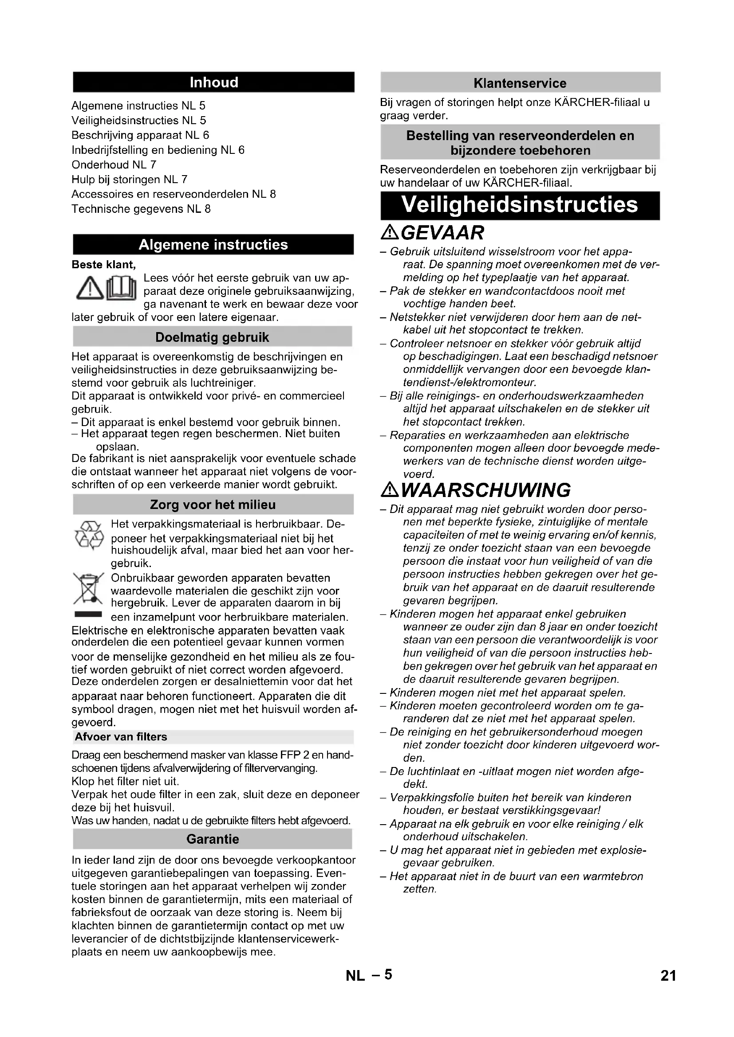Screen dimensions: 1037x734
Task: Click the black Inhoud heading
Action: (213, 82)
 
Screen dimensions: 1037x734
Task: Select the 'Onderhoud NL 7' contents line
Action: (114, 165)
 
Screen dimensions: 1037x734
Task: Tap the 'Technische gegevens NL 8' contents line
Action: (141, 209)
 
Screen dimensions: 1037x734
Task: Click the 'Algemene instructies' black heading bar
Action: (213, 245)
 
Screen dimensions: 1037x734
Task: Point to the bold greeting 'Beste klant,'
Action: (104, 265)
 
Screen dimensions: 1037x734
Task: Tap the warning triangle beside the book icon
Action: (90, 290)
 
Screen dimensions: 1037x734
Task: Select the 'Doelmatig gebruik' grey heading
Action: (213, 337)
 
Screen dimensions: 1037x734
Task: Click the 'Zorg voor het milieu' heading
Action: (213, 505)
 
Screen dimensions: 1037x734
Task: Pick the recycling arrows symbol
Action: (89, 536)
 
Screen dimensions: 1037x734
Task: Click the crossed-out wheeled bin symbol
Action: (89, 589)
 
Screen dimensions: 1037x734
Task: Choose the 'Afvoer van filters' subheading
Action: (121, 737)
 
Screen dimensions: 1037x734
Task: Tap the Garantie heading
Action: (213, 839)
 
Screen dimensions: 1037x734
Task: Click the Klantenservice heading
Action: (520, 83)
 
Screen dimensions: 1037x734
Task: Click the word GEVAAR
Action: (442, 233)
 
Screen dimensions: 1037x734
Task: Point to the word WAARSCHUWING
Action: (485, 490)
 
